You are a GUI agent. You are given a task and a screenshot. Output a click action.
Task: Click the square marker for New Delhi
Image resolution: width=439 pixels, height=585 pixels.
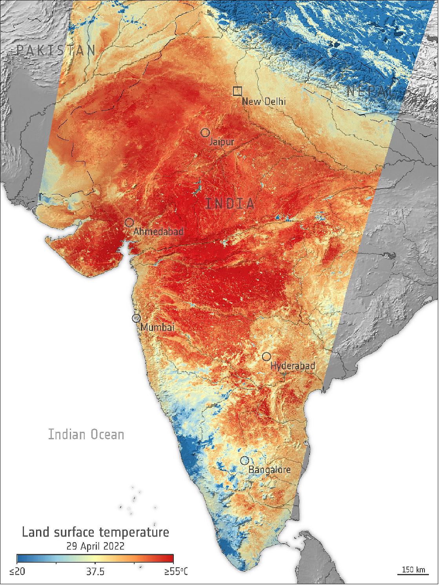tap(237, 91)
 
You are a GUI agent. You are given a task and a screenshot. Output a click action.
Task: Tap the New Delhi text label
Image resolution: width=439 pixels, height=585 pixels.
tap(264, 102)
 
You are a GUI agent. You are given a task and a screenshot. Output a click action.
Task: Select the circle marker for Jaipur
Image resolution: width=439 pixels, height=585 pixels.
tap(205, 133)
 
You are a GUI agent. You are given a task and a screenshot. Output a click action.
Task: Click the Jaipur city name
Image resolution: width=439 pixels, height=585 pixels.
tap(222, 142)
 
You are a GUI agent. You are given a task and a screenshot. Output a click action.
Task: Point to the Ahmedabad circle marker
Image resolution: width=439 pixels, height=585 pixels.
tap(129, 222)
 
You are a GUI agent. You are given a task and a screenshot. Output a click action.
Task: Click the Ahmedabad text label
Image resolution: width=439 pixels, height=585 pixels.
tap(158, 232)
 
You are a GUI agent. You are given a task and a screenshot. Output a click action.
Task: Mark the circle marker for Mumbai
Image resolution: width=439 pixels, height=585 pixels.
tap(137, 318)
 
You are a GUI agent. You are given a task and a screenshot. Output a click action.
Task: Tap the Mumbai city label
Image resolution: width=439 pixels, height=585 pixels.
tap(157, 328)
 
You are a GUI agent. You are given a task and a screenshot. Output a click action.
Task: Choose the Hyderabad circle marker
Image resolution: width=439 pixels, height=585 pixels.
tap(266, 356)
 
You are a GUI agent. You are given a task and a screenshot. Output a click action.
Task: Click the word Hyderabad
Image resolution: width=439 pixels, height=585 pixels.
tap(293, 366)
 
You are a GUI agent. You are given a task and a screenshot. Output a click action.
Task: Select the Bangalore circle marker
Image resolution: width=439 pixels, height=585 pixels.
tap(244, 460)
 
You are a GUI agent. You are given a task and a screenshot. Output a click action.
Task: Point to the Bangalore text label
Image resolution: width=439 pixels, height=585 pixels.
tap(269, 470)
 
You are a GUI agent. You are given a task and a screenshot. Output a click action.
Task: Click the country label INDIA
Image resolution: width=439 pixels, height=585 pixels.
tap(230, 204)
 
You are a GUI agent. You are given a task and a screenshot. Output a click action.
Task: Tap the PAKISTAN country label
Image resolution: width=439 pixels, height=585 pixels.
tap(56, 50)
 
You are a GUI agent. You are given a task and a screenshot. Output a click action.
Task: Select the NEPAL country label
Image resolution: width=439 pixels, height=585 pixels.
tap(370, 92)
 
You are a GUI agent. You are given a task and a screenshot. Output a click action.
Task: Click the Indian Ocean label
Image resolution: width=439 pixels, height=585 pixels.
tap(86, 435)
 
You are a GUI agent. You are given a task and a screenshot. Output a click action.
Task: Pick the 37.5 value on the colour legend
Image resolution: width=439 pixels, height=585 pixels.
tap(95, 572)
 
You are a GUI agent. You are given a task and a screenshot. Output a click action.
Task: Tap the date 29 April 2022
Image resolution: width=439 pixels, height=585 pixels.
tap(95, 546)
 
